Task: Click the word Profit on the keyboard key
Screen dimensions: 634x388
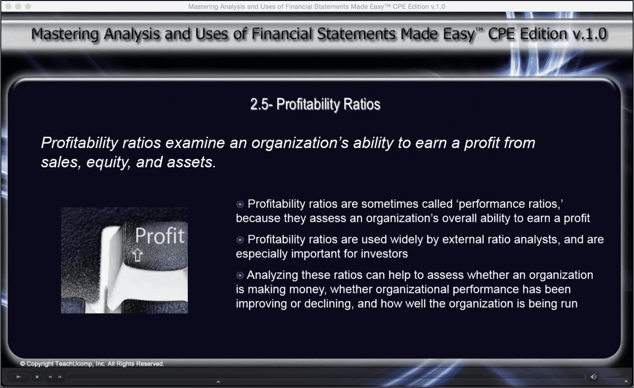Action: [x=160, y=235]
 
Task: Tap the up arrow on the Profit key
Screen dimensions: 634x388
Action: [x=138, y=255]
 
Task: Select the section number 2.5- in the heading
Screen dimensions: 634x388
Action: [x=261, y=104]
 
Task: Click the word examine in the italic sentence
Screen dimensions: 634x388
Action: [x=195, y=143]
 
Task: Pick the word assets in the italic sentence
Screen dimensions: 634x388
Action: [x=191, y=162]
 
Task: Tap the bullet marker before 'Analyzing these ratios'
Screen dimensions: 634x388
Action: [x=240, y=275]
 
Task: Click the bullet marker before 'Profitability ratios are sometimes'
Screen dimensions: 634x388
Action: [x=240, y=204]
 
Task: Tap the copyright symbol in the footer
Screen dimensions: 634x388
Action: [x=23, y=364]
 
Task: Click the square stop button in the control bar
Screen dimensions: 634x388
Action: [x=37, y=377]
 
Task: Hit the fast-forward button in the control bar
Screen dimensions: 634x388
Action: [x=60, y=377]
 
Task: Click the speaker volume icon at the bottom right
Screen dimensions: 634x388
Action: [x=593, y=377]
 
